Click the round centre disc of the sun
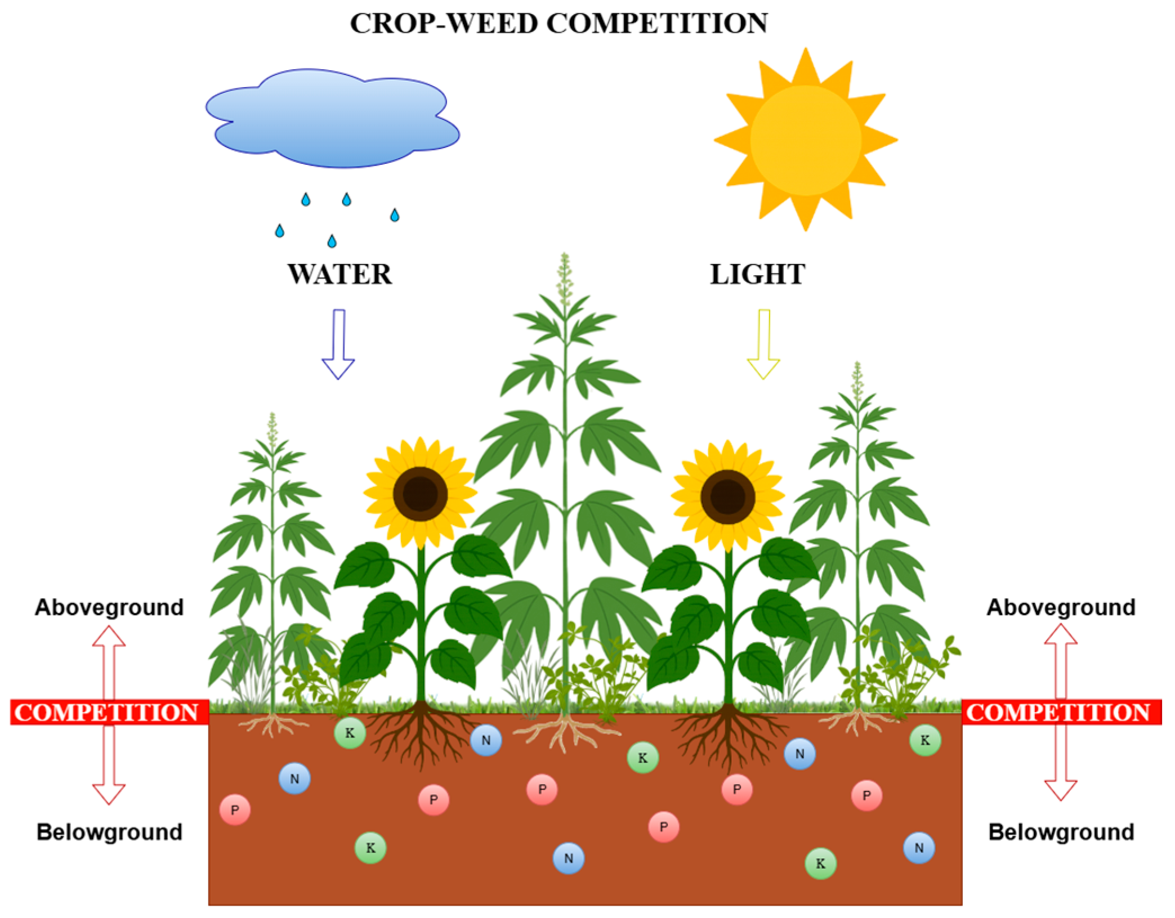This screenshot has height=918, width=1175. pyautogui.click(x=805, y=141)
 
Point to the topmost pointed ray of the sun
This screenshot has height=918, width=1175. pyautogui.click(x=806, y=62)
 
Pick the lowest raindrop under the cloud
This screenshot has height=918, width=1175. pyautogui.click(x=332, y=241)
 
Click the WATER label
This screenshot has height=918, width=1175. pyautogui.click(x=339, y=275)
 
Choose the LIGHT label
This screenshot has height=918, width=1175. pyautogui.click(x=757, y=275)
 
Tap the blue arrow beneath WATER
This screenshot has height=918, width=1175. pyautogui.click(x=338, y=343)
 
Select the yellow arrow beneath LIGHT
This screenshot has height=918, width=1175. pyautogui.click(x=763, y=343)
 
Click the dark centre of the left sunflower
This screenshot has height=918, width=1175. pyautogui.click(x=420, y=494)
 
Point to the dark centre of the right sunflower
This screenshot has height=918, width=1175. pyautogui.click(x=727, y=497)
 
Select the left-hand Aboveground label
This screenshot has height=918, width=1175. pyautogui.click(x=109, y=608)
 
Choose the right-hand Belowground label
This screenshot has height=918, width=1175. pyautogui.click(x=1061, y=832)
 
